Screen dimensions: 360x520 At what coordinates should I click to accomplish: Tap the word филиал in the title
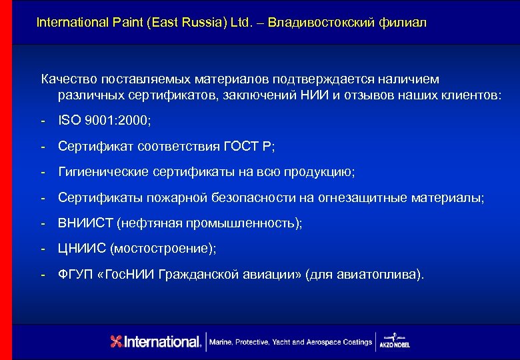pos(402,23)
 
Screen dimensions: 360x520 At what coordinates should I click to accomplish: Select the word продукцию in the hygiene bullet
pos(322,172)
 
